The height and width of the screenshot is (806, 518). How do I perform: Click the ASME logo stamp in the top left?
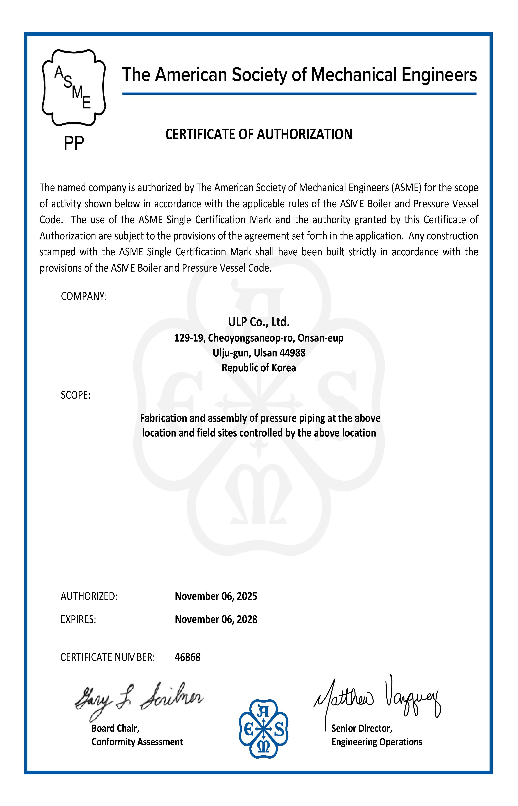coord(74,88)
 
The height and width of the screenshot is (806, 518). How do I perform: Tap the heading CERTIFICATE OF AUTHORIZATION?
coord(259,134)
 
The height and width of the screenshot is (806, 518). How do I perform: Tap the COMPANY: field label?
coord(84,296)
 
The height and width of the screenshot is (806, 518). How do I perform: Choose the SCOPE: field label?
coord(76,395)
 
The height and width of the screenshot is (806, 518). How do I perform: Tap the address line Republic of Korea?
coord(259,368)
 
